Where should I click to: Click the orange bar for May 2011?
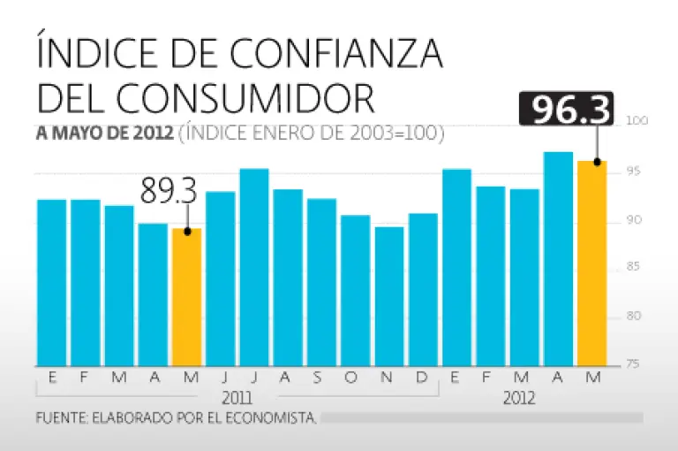pyautogui.click(x=187, y=296)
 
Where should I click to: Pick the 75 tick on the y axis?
pyautogui.click(x=635, y=364)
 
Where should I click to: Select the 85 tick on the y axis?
pyautogui.click(x=635, y=267)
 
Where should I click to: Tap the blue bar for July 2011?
pyautogui.click(x=254, y=266)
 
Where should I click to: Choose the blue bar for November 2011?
pyautogui.click(x=389, y=295)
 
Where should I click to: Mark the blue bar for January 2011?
pyautogui.click(x=52, y=282)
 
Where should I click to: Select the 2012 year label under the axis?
pyautogui.click(x=519, y=397)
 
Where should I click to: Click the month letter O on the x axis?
pyautogui.click(x=350, y=378)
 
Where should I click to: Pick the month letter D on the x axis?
pyautogui.click(x=422, y=378)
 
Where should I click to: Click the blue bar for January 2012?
pyautogui.click(x=456, y=266)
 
